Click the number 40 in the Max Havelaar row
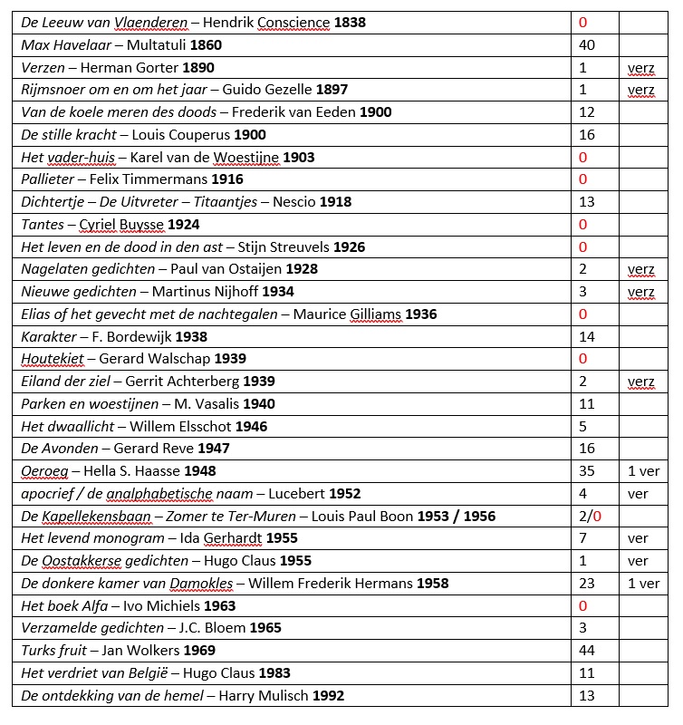(x=586, y=44)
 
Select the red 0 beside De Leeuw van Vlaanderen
(x=582, y=22)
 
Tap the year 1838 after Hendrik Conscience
(x=350, y=22)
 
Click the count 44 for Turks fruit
(x=586, y=651)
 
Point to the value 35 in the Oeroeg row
(x=586, y=471)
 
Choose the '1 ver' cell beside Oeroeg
(x=644, y=471)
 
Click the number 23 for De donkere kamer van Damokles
(x=586, y=584)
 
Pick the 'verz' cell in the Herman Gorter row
(x=640, y=67)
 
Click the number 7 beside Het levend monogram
(x=582, y=539)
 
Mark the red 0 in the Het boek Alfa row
(x=582, y=606)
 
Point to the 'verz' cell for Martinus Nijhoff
(x=640, y=292)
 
